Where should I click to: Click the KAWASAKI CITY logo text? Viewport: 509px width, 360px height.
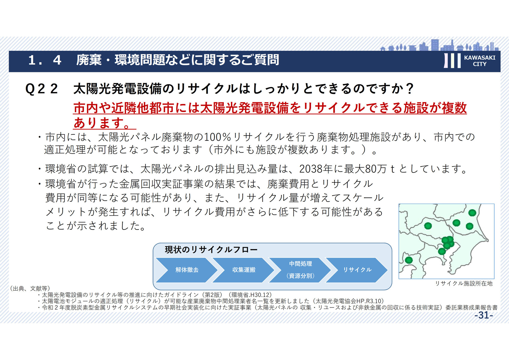[x=480, y=61]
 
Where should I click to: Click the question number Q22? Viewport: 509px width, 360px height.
[x=41, y=88]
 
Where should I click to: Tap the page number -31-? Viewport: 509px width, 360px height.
[x=484, y=315]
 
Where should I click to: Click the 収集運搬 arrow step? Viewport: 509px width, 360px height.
[x=243, y=270]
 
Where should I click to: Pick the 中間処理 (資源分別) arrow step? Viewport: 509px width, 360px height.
[x=300, y=270]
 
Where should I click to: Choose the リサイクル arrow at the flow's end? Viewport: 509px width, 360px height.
[x=357, y=270]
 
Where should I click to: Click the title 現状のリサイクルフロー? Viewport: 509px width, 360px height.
[x=211, y=250]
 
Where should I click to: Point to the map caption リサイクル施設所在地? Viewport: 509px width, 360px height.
[x=463, y=283]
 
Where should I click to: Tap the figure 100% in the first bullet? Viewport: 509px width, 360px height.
[x=217, y=137]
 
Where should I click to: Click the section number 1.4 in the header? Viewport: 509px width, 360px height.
[x=45, y=60]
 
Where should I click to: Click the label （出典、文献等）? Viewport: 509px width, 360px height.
[x=30, y=289]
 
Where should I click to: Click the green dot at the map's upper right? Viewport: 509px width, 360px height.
[x=472, y=213]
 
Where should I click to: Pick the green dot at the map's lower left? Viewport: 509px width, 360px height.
[x=409, y=260]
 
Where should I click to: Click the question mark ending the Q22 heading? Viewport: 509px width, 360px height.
[x=410, y=88]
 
